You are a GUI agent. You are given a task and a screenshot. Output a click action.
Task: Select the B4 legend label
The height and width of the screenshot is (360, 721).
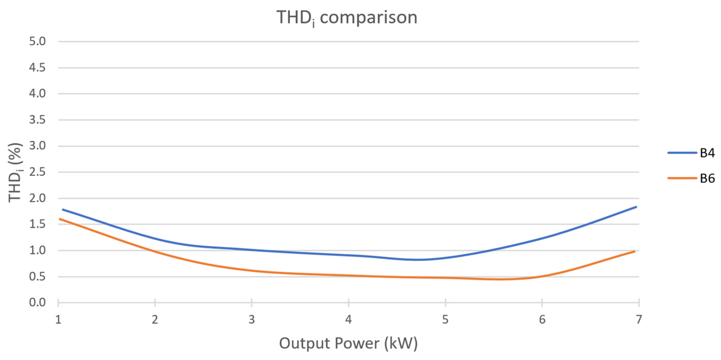(x=707, y=153)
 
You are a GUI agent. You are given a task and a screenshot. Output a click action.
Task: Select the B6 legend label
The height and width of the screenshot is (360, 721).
(x=707, y=178)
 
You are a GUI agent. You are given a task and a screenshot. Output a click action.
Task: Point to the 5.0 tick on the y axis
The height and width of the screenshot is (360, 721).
(x=37, y=41)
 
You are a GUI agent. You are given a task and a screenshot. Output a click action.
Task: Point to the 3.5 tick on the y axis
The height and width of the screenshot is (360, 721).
(x=37, y=120)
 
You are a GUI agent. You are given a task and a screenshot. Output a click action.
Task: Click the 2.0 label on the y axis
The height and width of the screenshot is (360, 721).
(x=37, y=198)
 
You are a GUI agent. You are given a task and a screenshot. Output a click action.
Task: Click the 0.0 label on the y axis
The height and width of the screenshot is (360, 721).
(x=37, y=302)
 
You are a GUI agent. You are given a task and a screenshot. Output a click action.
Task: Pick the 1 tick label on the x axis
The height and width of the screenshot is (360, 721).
(x=58, y=320)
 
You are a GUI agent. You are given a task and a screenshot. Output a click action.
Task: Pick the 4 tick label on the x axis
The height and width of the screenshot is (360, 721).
(x=348, y=320)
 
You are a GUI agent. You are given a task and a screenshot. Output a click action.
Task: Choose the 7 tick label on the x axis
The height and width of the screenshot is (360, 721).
(x=638, y=320)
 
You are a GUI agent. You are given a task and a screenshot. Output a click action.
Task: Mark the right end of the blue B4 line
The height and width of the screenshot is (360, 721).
(x=636, y=207)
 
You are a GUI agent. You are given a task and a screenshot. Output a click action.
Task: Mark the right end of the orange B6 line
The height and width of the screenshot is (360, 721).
(x=634, y=251)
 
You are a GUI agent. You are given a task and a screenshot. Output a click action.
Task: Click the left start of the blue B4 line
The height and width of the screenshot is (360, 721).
(x=63, y=209)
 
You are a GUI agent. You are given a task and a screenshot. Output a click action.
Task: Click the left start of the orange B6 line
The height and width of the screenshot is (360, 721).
(x=60, y=219)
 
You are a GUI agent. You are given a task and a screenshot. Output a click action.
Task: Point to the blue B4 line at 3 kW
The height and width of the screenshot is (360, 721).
(x=252, y=250)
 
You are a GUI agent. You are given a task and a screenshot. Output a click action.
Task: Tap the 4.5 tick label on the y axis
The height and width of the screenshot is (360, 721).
(x=37, y=68)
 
